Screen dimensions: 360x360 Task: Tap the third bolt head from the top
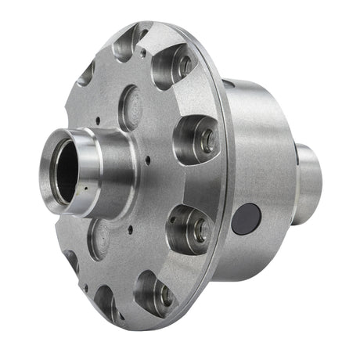click(x=200, y=229)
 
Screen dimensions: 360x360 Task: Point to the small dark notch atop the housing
click(x=227, y=83)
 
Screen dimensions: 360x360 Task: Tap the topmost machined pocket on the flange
click(x=127, y=43)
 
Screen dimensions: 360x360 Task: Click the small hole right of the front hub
click(x=148, y=161)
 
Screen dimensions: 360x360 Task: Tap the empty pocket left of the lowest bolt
click(x=106, y=301)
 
